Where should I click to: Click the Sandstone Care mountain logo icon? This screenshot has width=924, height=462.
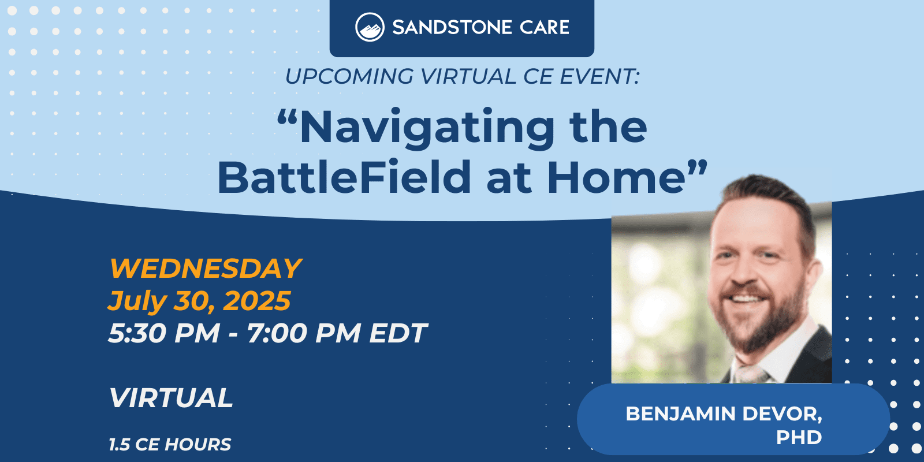tap(370, 27)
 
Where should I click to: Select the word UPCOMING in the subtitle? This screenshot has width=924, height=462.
tap(349, 76)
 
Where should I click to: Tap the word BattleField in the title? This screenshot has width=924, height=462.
tap(344, 177)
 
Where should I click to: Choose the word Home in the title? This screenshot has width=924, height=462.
tap(616, 177)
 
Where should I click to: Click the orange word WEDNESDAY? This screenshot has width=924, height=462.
tap(206, 269)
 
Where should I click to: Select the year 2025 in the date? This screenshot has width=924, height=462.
tap(256, 300)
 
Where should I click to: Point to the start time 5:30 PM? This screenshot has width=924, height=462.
tap(164, 333)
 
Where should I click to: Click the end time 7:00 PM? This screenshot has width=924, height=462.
tap(304, 333)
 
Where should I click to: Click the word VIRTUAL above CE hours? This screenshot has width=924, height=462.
tap(171, 398)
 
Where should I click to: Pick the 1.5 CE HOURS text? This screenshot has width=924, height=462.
tap(170, 444)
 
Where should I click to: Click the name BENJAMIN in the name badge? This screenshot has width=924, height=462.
tap(680, 413)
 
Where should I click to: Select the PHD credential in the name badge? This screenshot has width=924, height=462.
tap(799, 437)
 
